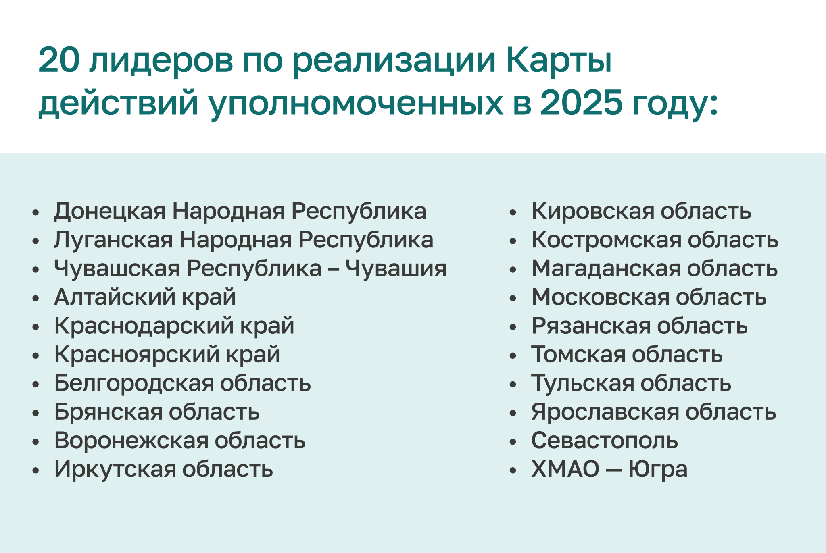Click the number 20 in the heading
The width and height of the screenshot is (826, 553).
(x=58, y=60)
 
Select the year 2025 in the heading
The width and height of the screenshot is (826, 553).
(x=581, y=103)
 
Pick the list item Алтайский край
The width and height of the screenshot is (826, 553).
(x=145, y=297)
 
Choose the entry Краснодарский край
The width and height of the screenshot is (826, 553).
(x=174, y=326)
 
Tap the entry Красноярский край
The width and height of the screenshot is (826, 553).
(x=167, y=355)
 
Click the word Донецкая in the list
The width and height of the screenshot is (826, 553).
(x=110, y=211)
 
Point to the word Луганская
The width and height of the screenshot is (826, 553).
(x=113, y=240)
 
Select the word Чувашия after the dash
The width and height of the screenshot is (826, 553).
(x=396, y=268)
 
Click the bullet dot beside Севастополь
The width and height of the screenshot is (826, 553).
(x=513, y=442)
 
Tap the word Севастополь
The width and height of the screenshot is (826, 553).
(x=604, y=441)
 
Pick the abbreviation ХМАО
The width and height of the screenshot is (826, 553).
(x=565, y=469)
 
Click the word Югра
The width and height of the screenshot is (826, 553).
(x=658, y=470)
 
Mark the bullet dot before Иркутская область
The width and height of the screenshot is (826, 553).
(x=36, y=470)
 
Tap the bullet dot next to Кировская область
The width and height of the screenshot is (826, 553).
(x=513, y=212)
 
